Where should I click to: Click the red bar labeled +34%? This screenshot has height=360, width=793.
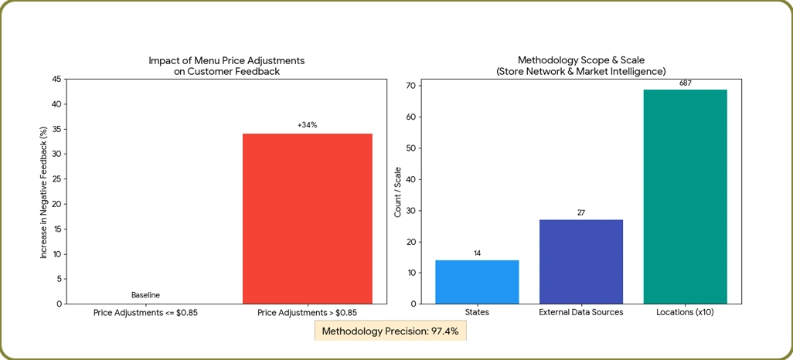pos(307,219)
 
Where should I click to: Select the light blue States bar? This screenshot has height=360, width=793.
pos(477,282)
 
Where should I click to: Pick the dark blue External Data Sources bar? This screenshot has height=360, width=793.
pos(580,262)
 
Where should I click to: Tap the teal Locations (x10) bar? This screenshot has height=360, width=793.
pos(685,197)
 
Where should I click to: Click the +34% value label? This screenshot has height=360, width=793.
pos(307,125)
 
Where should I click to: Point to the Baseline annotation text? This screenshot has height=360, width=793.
pos(145,295)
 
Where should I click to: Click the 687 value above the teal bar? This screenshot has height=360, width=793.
pos(685,83)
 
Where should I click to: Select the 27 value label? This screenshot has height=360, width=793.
pos(580,212)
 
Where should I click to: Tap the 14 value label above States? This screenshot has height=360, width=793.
pos(477,253)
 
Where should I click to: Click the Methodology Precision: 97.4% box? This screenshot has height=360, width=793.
pos(390,331)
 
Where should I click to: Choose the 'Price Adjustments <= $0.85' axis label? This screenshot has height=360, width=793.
pos(145,313)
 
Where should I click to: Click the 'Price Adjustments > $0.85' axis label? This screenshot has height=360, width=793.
pos(307,313)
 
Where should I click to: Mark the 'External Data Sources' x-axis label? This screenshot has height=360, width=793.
pos(580,313)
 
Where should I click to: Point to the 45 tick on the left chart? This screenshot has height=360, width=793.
pos(56,79)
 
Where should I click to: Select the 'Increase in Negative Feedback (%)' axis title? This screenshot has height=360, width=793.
pos(44,192)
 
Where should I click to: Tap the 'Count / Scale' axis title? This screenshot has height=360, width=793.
pos(397,191)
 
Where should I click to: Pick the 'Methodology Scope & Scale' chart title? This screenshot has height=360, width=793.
pos(580,60)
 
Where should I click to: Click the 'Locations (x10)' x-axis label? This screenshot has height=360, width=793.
pos(685,313)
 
